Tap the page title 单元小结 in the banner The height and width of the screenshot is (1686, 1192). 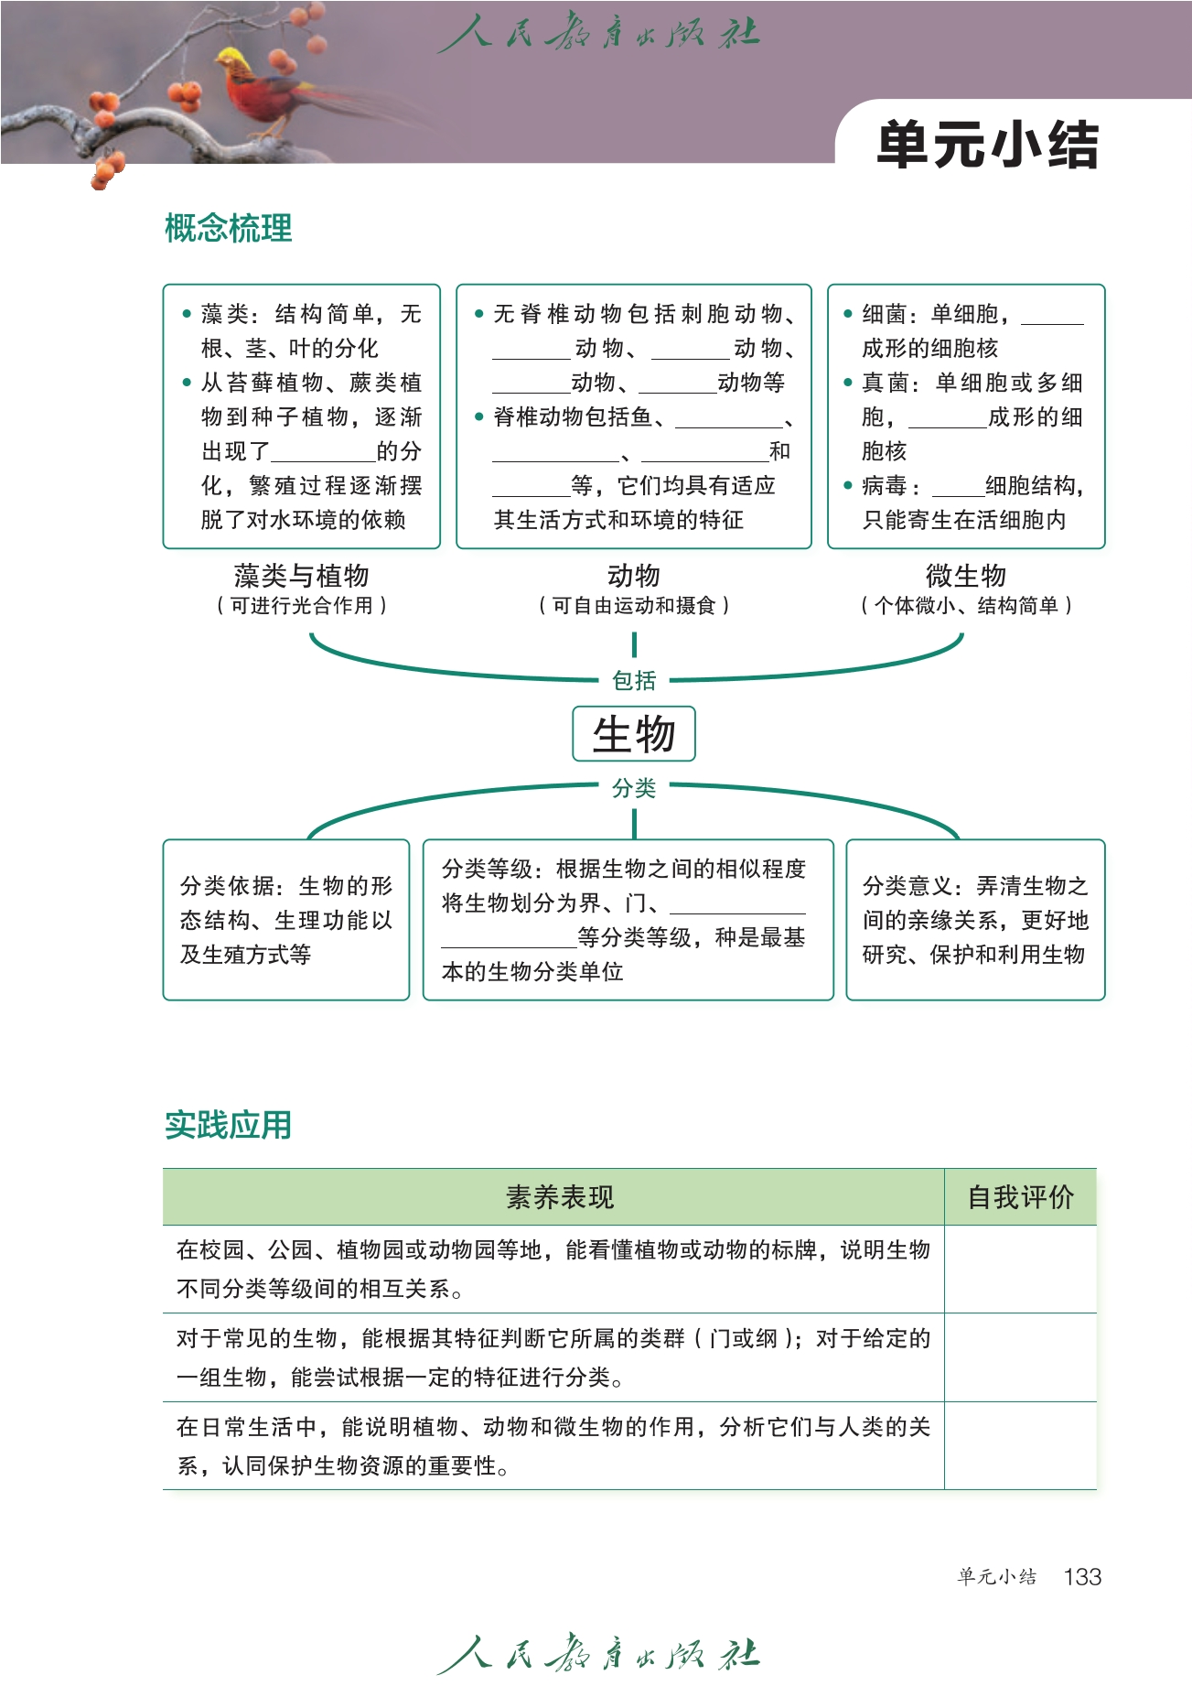point(987,145)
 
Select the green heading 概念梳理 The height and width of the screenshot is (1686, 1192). point(229,228)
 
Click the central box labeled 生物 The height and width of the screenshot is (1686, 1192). point(634,734)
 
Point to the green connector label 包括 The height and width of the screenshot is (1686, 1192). point(634,681)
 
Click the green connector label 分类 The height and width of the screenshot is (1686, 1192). point(634,788)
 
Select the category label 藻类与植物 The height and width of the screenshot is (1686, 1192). point(301,576)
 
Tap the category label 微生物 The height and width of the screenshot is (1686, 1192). point(966,576)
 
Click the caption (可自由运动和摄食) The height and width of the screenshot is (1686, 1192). point(634,605)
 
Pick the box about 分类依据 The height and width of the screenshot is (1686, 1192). point(285,919)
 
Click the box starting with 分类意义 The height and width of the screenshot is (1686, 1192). point(975,919)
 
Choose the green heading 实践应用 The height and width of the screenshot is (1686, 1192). point(229,1125)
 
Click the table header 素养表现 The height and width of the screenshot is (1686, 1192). point(560,1196)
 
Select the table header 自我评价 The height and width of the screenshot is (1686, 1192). point(1020,1196)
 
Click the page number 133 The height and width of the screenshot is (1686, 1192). point(1082,1576)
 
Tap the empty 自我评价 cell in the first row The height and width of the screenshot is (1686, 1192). point(1020,1269)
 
